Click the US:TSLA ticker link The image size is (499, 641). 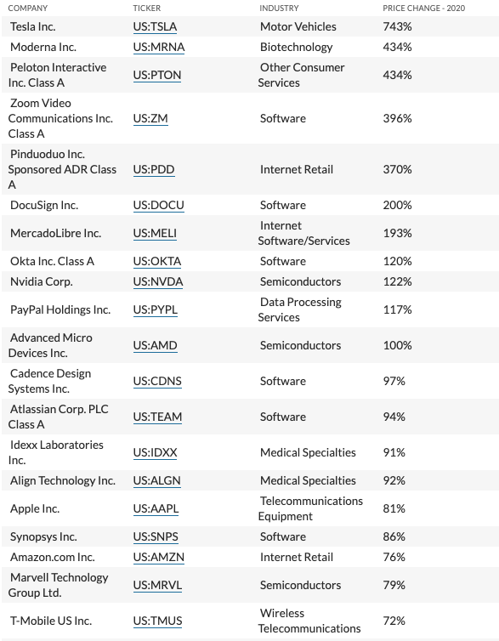pos(155,27)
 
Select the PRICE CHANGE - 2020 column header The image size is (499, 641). pos(424,9)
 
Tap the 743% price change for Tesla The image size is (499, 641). pos(397,26)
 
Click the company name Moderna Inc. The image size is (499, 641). pos(43,47)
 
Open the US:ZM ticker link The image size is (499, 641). pos(150,118)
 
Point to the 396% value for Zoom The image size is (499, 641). pos(397,118)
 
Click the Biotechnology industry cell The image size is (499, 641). pos(297,48)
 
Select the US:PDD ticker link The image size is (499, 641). pos(154,170)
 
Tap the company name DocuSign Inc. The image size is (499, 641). pos(44,205)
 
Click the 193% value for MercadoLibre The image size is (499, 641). pos(397,234)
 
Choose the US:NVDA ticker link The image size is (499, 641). pos(158,282)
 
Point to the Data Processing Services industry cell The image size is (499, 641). pos(300,309)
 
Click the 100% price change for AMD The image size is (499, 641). pos(397,345)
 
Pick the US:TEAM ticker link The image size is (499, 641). pos(157,417)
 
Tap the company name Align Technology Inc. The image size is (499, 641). pos(63,481)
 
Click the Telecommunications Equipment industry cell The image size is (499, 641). pos(310,509)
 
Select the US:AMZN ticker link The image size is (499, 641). pos(159,558)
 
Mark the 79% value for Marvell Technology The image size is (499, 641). pos(394,586)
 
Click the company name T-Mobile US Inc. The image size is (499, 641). pos(51,621)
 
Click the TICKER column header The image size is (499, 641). pos(147,9)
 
